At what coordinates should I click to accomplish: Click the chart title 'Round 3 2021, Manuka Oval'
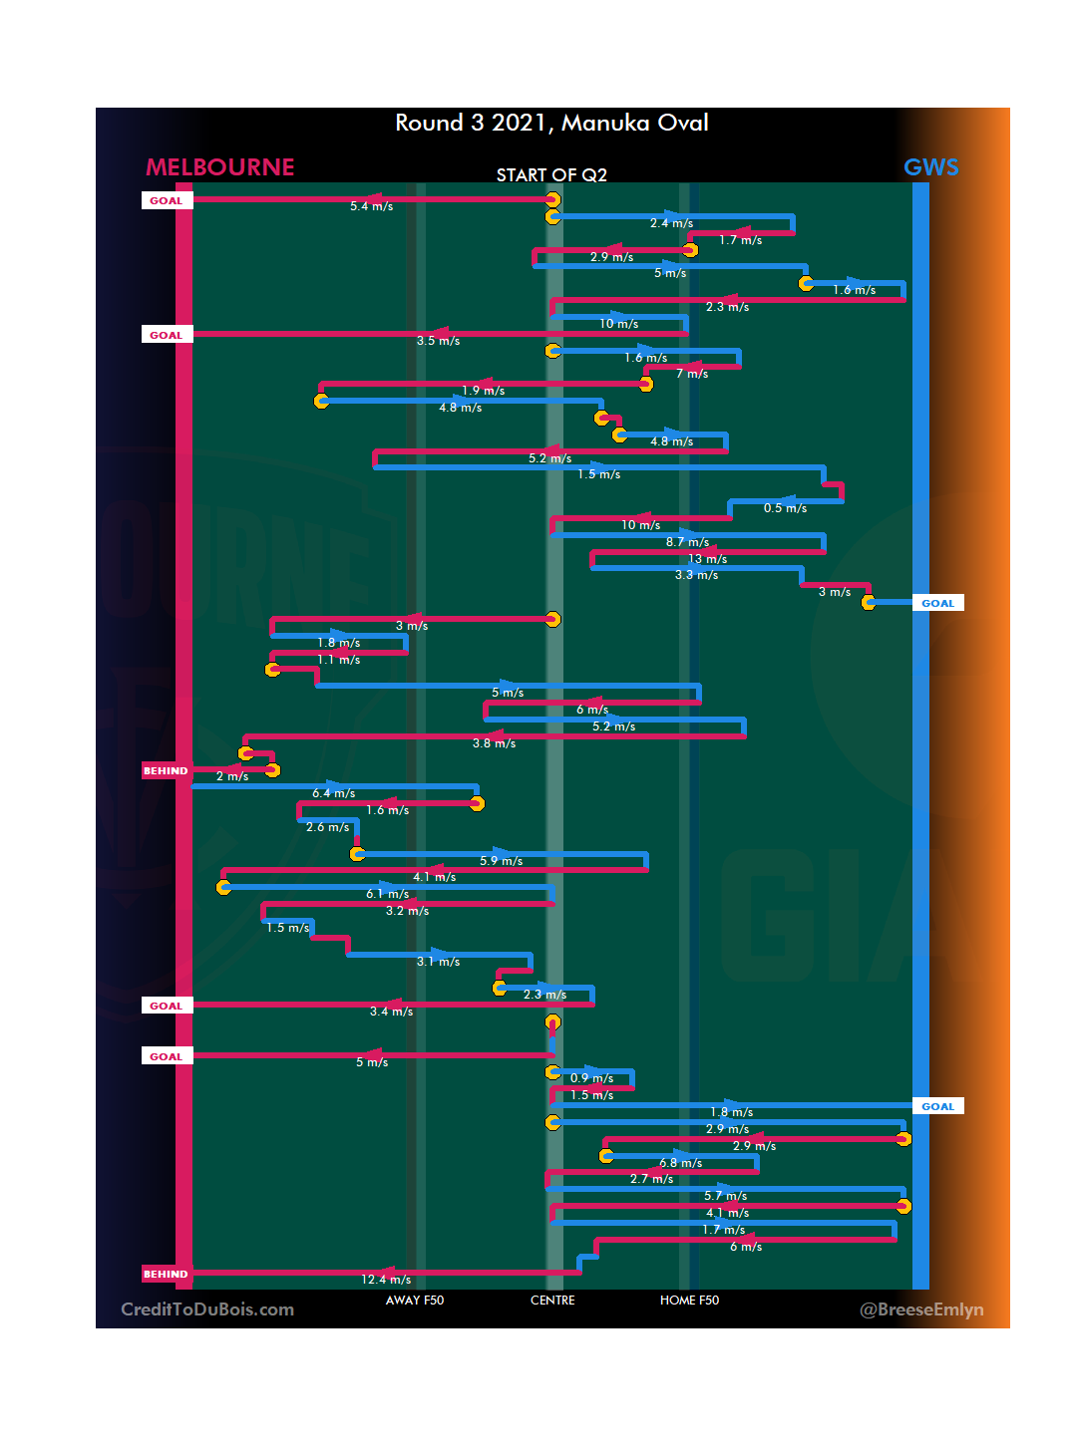(551, 123)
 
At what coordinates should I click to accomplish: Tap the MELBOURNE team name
(219, 167)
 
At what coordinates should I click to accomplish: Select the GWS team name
(930, 167)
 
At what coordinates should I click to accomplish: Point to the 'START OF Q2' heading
(551, 175)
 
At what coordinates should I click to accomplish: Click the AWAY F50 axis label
(415, 1301)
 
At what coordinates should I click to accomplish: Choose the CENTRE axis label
(552, 1301)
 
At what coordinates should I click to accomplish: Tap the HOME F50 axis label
(689, 1301)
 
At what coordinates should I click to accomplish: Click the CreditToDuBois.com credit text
(207, 1309)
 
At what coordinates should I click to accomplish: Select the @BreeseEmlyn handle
(921, 1309)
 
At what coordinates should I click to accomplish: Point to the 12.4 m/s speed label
(386, 1280)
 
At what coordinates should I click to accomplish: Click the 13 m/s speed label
(707, 559)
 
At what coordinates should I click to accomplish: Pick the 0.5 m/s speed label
(785, 508)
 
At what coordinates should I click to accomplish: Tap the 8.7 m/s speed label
(687, 542)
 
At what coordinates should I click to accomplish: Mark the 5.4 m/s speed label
(371, 206)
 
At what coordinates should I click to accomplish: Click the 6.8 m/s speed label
(680, 1163)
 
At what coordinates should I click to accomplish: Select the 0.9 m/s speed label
(591, 1078)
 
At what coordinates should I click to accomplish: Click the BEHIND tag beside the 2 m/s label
(166, 771)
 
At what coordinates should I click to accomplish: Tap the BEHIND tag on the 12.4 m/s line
(166, 1275)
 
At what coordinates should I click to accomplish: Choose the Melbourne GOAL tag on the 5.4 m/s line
(167, 201)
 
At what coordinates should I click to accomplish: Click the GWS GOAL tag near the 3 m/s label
(937, 604)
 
